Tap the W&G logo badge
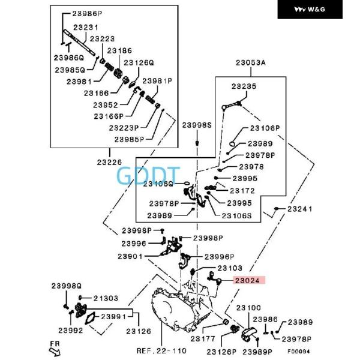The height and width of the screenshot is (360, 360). coord(316,10)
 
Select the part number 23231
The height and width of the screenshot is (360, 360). coord(86,28)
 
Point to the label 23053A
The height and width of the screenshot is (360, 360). coord(250,62)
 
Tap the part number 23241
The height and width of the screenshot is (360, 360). coord(299,209)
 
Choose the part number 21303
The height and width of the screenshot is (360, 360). coord(105,298)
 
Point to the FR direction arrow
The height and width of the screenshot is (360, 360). coord(55,346)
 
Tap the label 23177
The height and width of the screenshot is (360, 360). coord(203,338)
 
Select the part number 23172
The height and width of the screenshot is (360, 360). coord(242,191)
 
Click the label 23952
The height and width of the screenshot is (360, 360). coord(106,104)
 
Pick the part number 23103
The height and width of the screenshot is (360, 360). coord(230,268)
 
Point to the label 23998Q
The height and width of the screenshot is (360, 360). coord(66,286)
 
